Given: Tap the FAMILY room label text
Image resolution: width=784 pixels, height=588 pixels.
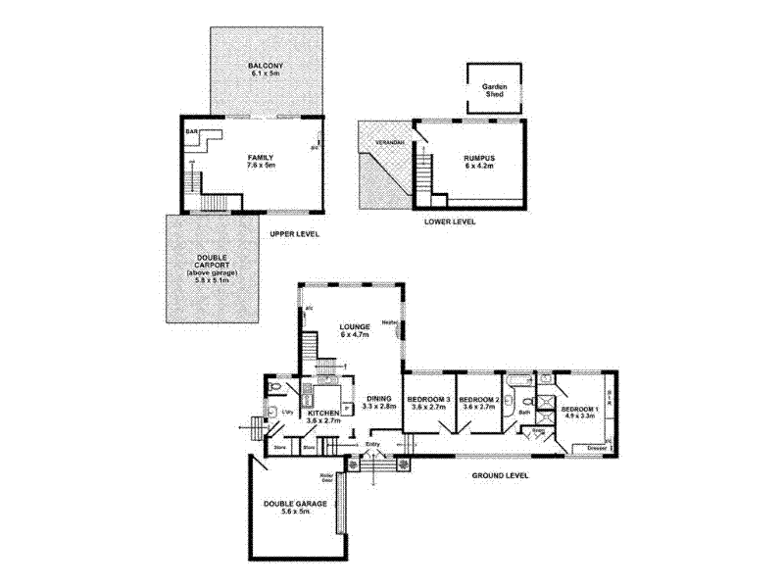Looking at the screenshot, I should tap(260, 158).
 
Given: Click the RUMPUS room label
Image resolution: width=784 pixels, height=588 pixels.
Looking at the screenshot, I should tap(479, 158).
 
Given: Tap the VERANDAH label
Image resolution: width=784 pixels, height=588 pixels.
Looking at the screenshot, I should tap(380, 144).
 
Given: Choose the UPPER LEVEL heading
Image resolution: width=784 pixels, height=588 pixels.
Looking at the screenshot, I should tap(295, 234).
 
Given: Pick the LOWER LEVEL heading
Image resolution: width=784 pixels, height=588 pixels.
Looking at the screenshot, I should tap(450, 222).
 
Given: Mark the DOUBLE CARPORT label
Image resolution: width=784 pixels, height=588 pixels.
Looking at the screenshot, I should tap(213, 264).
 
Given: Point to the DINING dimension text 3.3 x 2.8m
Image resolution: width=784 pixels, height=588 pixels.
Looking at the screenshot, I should tap(378, 406).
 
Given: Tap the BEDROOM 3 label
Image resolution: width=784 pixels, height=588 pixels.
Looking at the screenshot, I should tap(428, 400).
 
